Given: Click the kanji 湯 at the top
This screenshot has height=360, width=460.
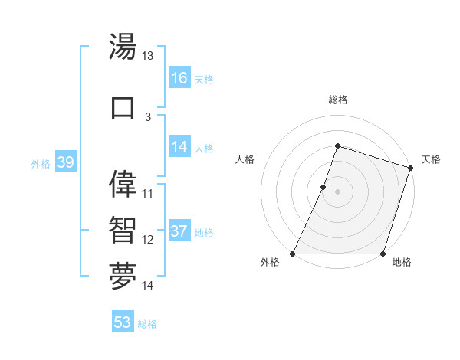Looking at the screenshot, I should click(x=123, y=47).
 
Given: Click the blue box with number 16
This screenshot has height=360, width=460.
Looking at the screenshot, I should click(x=179, y=78).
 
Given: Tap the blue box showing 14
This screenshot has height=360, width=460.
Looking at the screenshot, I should click(x=179, y=147).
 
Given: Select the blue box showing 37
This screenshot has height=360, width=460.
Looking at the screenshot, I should click(x=179, y=231).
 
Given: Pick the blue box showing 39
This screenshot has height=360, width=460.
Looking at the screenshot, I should click(x=65, y=162).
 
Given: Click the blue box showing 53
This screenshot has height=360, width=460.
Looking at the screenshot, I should click(x=123, y=322).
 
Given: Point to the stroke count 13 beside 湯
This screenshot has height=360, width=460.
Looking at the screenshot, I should click(x=148, y=56).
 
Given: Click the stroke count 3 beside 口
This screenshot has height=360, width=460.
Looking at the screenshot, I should click(x=148, y=116).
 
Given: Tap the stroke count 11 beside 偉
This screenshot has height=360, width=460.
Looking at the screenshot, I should click(x=148, y=193).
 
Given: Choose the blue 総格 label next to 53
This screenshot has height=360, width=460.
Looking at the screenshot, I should click(x=147, y=324).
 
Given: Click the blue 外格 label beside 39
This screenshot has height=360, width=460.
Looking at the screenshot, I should click(x=40, y=163).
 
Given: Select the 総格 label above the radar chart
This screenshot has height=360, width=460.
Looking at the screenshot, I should click(x=337, y=100).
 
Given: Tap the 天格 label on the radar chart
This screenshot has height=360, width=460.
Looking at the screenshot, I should click(x=431, y=159).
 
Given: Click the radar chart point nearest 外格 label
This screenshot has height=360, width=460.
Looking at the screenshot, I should click(x=293, y=254).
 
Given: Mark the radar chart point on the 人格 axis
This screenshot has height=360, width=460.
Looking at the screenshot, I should click(x=324, y=187).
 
